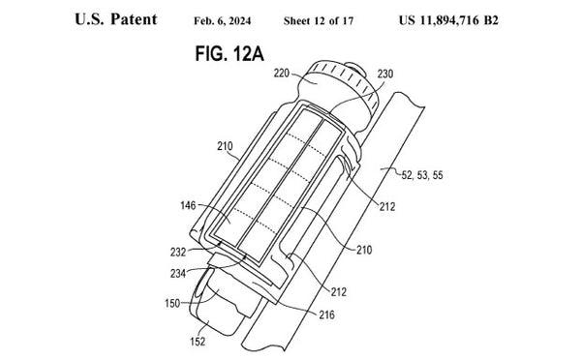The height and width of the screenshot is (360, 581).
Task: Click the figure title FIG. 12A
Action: click(x=229, y=54)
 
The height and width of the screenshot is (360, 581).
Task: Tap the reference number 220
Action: click(x=281, y=74)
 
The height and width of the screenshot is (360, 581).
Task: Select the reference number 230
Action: click(x=385, y=75)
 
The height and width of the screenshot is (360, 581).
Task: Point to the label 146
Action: click(x=188, y=205)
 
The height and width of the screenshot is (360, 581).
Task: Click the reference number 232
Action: click(x=178, y=253)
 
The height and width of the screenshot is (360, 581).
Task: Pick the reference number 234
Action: click(x=178, y=274)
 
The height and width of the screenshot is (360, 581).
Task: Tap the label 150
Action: click(x=172, y=303)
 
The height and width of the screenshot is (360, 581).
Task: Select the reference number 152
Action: click(x=198, y=341)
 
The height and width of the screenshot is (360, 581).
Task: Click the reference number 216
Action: click(x=326, y=315)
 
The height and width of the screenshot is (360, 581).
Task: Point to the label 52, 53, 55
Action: click(x=422, y=175)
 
